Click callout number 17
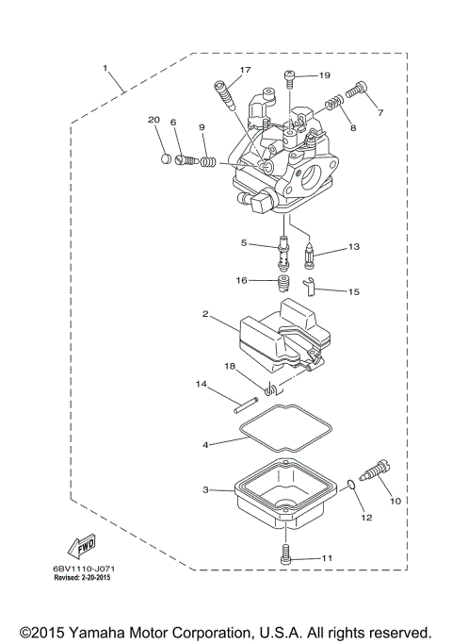tap(245, 71)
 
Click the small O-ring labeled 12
tap(351, 487)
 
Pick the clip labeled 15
tap(312, 283)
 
